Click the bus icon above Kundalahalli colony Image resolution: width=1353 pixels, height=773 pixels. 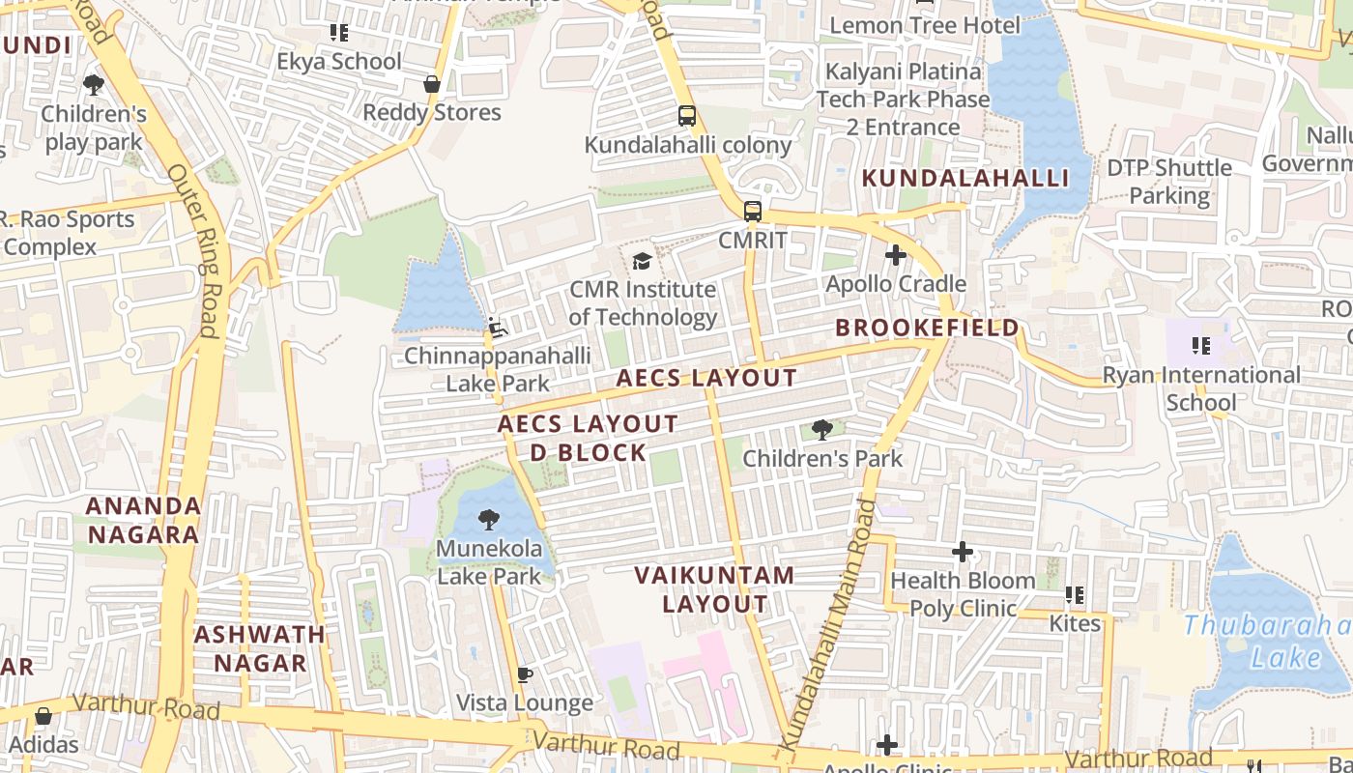point(686,117)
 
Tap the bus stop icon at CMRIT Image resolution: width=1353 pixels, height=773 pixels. point(752,211)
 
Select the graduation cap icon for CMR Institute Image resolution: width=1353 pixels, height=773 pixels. point(642,261)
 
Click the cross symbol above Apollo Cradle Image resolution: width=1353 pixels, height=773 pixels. point(895,255)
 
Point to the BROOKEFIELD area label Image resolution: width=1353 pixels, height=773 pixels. point(927,328)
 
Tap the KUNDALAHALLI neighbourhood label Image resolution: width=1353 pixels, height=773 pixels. point(964,179)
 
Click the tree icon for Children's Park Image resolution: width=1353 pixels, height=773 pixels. point(821,430)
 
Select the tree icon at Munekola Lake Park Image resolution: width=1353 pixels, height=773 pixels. point(489,520)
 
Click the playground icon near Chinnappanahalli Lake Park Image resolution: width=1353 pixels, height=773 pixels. point(497,329)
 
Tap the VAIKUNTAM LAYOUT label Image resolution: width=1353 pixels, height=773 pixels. point(714,589)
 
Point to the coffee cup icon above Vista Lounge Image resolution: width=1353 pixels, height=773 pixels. point(524,674)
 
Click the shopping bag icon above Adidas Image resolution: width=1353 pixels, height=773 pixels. point(43,716)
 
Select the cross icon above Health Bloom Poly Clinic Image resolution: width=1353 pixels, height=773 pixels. point(962,552)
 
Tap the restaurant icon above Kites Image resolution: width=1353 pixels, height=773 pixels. point(1074,595)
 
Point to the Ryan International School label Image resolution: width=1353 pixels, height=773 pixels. point(1200,388)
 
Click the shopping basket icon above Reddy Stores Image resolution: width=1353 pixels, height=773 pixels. point(432,84)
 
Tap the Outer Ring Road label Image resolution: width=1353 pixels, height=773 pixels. point(196,251)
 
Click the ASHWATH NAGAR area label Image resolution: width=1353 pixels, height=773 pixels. point(260,648)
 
